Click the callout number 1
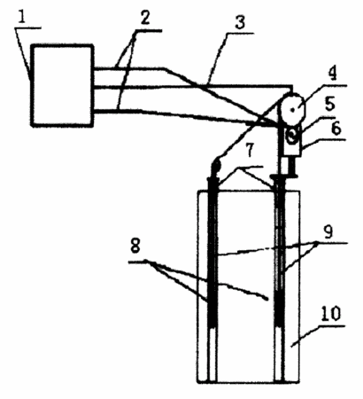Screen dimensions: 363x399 point(22,18)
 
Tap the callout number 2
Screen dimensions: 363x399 point(145,19)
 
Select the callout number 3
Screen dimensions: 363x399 point(240,22)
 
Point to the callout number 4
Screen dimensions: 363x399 point(332,74)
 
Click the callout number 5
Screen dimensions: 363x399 point(329,104)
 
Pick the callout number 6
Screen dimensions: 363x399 point(336,129)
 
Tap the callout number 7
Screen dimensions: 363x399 point(250,150)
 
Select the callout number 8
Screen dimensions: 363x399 point(135,246)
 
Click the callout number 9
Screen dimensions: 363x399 point(328,231)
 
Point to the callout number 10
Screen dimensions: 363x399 point(330,314)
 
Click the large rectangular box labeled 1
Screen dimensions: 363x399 point(62,86)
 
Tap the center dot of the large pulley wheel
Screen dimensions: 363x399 point(293,110)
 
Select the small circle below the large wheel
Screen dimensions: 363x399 point(292,137)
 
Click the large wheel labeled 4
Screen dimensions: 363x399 point(292,110)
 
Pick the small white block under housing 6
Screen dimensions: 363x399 point(285,166)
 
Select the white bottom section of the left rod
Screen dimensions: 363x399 point(212,355)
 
